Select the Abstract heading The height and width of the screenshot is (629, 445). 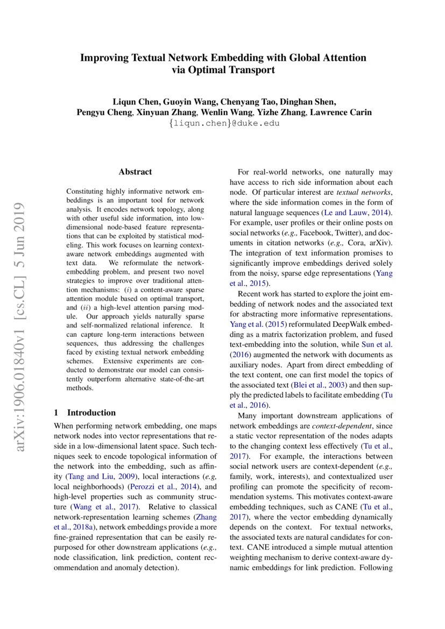pos(135,172)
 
